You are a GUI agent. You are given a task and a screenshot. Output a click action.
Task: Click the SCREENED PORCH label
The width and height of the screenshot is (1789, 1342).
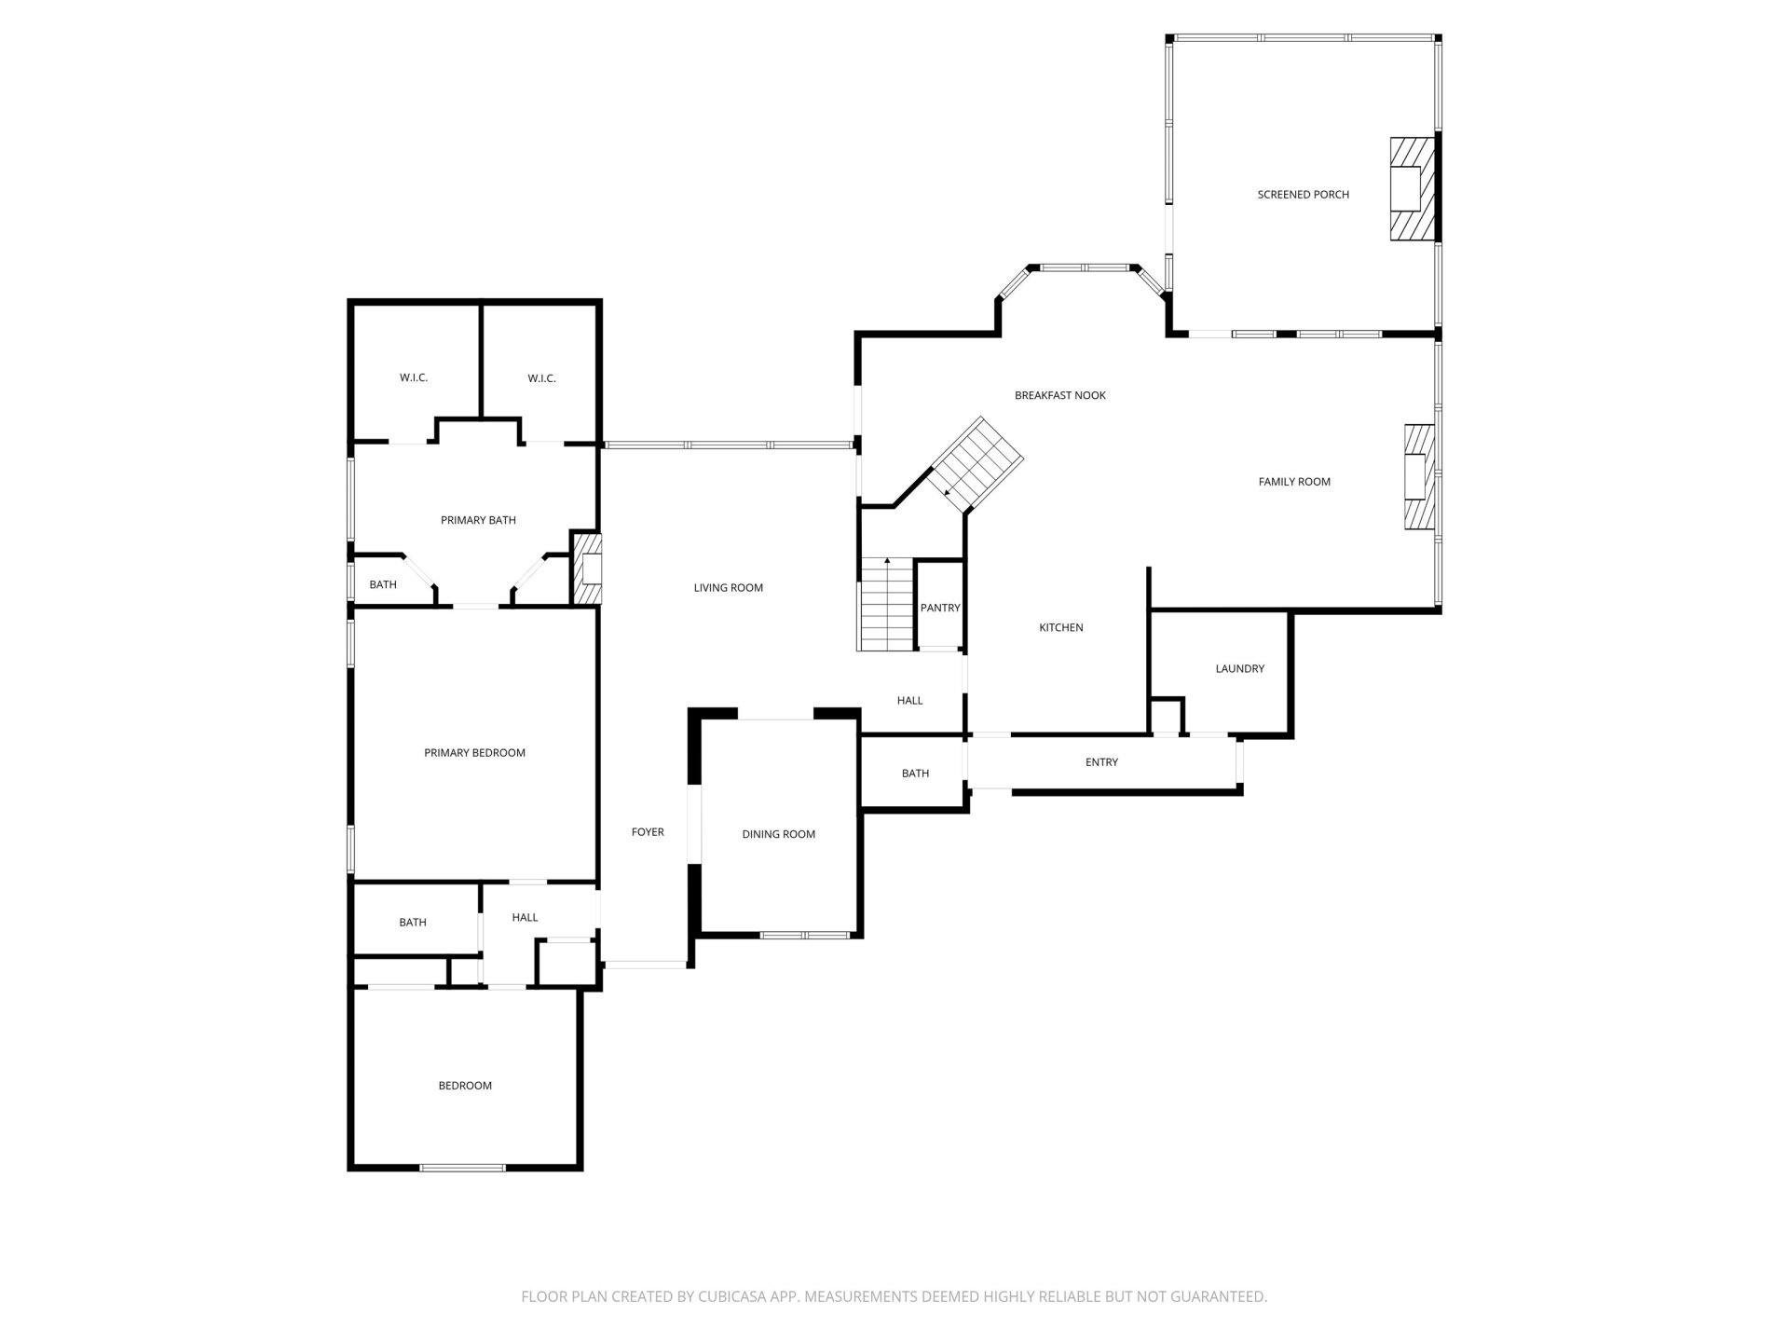coord(1303,195)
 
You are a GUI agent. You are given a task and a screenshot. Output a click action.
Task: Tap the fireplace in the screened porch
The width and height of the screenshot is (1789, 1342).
coord(1413,189)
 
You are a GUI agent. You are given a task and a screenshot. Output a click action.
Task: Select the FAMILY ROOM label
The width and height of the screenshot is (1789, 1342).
coord(1294,482)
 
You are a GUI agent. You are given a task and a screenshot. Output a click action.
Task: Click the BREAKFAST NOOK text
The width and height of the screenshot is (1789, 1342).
coord(1060,395)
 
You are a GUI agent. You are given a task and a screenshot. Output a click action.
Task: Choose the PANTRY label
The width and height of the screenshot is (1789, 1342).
coord(940,608)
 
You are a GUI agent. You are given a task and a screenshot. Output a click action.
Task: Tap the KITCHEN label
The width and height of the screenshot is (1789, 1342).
coord(1061,627)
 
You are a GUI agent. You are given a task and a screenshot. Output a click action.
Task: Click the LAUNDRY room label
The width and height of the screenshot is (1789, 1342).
coord(1240,668)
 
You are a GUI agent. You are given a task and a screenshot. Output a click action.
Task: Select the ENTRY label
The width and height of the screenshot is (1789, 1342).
coord(1101,762)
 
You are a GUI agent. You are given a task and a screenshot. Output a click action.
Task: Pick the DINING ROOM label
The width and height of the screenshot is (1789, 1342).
coord(779,834)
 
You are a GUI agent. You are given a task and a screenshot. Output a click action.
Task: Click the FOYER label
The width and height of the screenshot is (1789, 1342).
coord(648,832)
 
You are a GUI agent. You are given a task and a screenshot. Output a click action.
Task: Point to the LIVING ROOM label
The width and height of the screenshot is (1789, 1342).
coord(729,587)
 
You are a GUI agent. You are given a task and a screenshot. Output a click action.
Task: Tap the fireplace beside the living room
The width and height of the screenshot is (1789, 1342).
coord(588,568)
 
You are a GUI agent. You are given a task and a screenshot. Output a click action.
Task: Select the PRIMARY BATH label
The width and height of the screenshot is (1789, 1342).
coord(478,520)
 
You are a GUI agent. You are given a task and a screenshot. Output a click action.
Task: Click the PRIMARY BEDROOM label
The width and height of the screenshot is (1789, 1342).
coord(475,753)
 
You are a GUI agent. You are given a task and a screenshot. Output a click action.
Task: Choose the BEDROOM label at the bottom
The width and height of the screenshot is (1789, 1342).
coord(465,1086)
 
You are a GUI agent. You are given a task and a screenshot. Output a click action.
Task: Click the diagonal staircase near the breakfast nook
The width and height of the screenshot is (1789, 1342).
coord(978,463)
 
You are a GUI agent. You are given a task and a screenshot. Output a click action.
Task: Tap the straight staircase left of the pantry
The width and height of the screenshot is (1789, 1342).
coord(886,604)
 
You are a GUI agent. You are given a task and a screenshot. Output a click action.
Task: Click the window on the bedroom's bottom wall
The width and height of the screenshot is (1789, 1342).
coord(462,1167)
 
